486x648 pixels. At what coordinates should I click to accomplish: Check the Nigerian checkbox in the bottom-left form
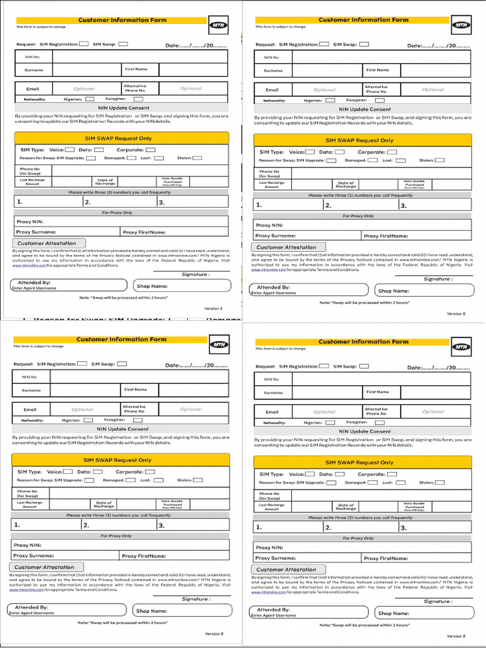[88, 420]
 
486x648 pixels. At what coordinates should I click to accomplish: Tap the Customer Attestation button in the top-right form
[289, 247]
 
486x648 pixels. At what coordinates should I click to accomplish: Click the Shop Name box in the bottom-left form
[182, 611]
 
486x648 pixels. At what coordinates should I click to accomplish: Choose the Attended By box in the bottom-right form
[308, 612]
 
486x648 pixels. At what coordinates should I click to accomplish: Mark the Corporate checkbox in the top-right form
[392, 152]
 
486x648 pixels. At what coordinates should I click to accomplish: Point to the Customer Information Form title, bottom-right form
[363, 342]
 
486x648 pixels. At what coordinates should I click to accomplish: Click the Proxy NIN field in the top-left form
[120, 222]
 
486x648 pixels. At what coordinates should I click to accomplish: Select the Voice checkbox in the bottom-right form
[310, 474]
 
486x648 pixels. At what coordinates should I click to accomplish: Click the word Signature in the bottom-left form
[196, 599]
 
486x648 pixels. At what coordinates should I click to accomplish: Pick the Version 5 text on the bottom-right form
[455, 636]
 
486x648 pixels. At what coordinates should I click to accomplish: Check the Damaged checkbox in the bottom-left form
[130, 480]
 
